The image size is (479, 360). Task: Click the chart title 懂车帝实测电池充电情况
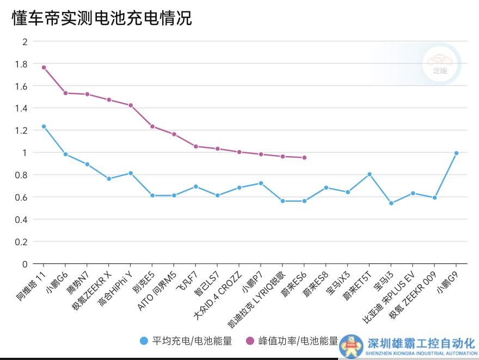[102, 18]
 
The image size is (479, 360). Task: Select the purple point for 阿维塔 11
[44, 67]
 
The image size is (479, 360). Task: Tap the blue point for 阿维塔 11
[44, 126]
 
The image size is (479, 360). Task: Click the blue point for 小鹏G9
[456, 153]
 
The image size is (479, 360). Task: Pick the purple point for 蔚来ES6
[304, 158]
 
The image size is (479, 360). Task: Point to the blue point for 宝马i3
[391, 203]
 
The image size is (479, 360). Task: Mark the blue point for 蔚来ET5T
[369, 174]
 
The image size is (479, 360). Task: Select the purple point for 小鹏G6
[65, 93]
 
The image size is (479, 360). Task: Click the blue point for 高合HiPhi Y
[131, 173]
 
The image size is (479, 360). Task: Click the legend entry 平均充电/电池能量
[186, 342]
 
